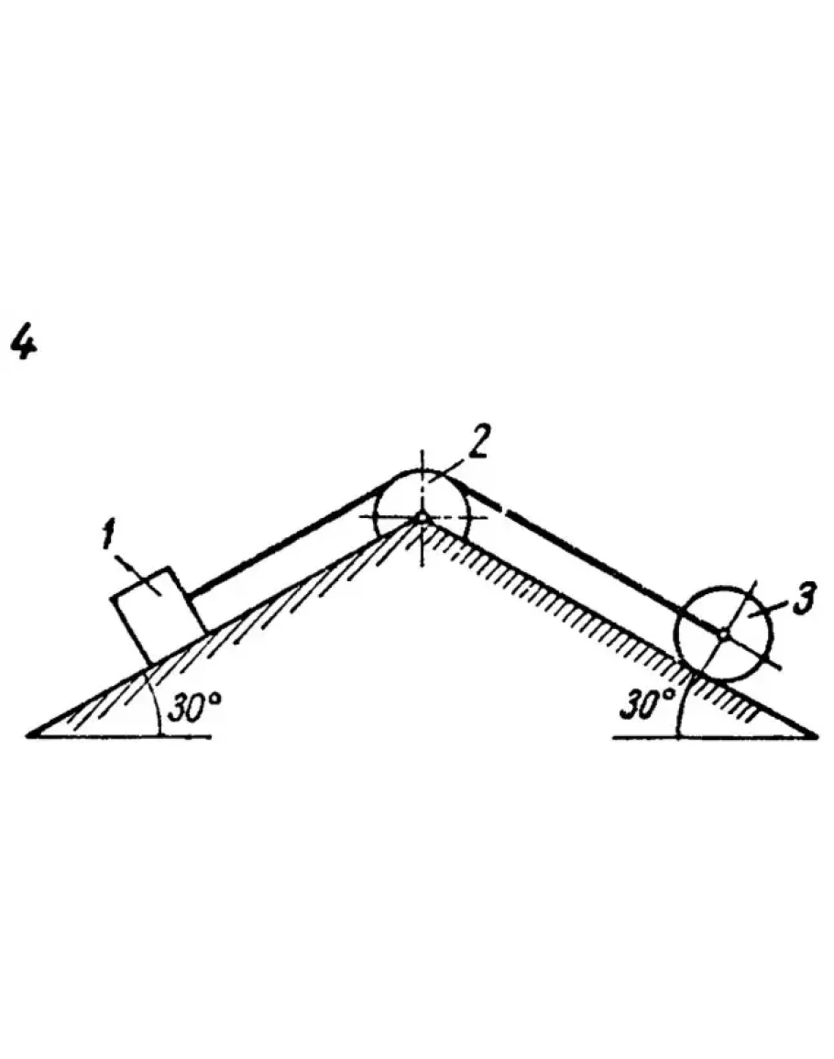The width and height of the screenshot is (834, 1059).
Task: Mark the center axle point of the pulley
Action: point(422,518)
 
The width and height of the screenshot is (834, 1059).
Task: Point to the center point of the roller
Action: point(724,632)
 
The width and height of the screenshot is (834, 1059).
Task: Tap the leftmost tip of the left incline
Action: point(31,734)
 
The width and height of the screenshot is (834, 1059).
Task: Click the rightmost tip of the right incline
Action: point(814,734)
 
